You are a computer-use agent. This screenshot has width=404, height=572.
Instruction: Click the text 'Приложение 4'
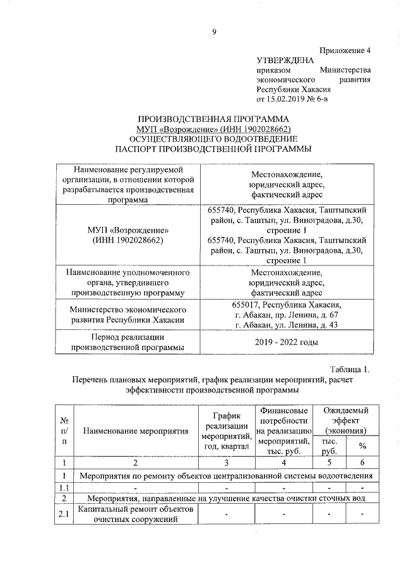(x=346, y=49)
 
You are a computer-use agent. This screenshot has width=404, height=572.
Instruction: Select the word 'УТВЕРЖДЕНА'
(x=285, y=60)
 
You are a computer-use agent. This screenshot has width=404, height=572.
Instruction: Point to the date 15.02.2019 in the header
(x=289, y=100)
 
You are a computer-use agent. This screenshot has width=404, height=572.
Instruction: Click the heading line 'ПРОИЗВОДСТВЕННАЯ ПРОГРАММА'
(x=213, y=119)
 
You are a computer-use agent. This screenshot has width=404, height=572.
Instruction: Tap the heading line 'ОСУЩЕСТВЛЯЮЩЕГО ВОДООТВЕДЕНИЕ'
(x=213, y=139)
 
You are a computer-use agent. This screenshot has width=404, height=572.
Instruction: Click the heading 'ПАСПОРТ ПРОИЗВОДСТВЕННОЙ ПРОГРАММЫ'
(x=213, y=149)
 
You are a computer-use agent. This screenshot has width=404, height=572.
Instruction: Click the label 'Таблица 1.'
(x=349, y=369)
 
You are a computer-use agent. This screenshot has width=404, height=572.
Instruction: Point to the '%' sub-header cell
(x=362, y=446)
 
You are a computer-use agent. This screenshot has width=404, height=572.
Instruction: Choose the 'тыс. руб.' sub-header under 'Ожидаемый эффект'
(x=330, y=446)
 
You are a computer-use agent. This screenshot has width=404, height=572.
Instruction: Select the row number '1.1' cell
(x=64, y=488)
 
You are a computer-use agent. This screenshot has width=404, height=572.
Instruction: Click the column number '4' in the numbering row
(x=283, y=463)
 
